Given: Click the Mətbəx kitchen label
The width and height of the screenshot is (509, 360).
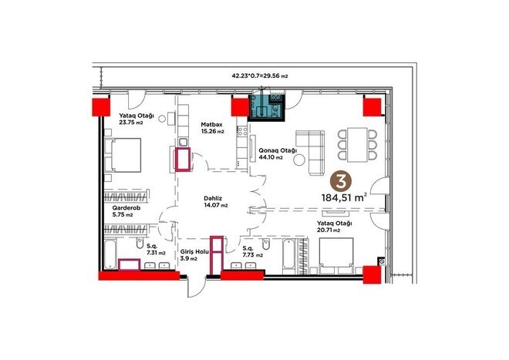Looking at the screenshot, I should click(212, 123).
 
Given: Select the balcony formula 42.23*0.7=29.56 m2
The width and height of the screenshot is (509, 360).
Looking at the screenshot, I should click(260, 76).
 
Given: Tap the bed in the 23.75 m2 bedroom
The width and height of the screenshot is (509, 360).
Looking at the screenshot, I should click(123, 154).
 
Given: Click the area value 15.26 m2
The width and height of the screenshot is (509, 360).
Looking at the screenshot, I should click(212, 132).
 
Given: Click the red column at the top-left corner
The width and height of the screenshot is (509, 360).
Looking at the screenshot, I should click(100, 106).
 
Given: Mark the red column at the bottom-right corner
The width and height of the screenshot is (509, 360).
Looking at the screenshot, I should click(372, 274).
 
